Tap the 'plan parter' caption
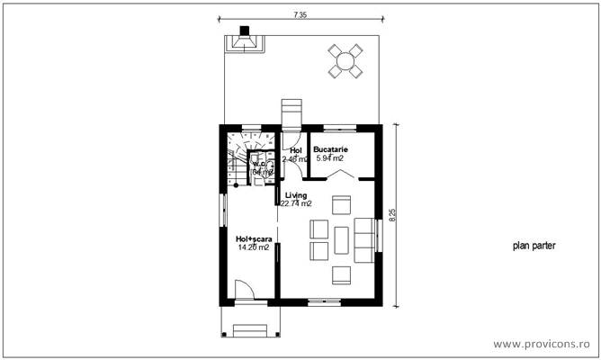534,245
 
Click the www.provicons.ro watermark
543,343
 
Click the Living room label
296,195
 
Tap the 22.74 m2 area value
296,204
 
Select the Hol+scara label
253,238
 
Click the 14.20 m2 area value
253,247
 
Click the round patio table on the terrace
343,60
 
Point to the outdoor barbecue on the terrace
243,41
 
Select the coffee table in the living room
343,238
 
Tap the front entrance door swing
244,290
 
